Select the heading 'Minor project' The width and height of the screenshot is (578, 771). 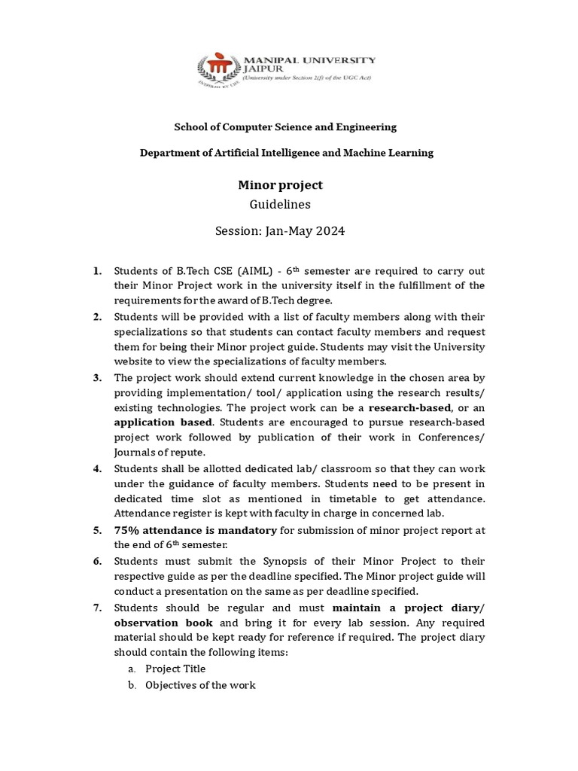280,184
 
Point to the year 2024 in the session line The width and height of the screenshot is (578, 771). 328,231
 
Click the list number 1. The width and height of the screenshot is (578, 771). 97,271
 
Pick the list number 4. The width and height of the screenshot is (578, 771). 97,469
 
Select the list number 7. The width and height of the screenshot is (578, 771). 97,607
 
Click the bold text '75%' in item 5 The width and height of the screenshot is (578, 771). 128,530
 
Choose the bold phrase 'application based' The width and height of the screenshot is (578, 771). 163,422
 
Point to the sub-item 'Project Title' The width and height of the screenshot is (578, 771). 175,669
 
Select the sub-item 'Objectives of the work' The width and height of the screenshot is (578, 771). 200,685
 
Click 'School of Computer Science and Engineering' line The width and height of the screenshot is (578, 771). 285,126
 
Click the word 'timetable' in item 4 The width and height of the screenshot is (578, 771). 314,499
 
